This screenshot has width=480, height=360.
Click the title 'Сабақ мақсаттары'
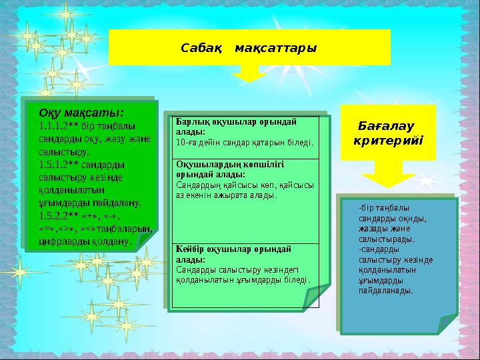(x=249, y=48)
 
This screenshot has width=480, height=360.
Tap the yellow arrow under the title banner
(x=249, y=74)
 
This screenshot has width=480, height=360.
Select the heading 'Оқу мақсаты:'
(x=81, y=111)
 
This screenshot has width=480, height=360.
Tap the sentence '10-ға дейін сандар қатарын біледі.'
(x=244, y=142)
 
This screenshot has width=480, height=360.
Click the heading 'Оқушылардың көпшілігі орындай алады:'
(x=230, y=168)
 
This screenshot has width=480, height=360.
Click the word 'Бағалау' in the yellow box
(x=385, y=125)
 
